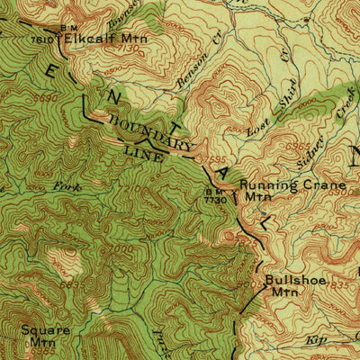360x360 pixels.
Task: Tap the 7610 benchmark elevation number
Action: [x=40, y=40]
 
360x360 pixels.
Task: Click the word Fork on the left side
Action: [x=68, y=186]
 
